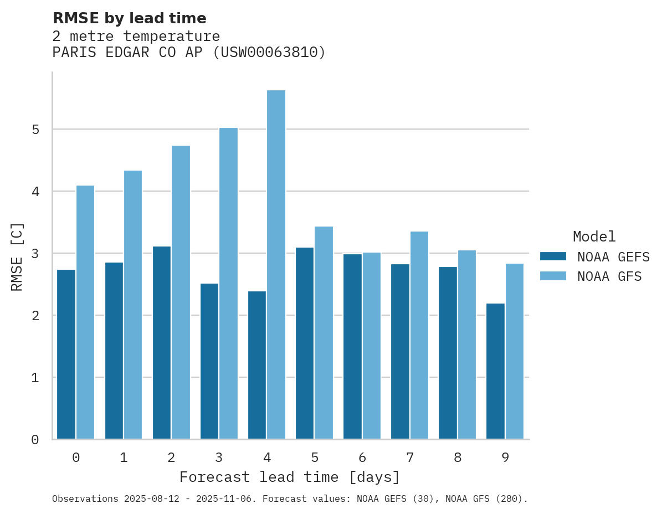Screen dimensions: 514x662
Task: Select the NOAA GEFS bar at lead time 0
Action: click(66, 354)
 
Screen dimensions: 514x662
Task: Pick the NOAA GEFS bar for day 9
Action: click(495, 371)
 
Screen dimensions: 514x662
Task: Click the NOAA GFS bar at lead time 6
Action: click(371, 346)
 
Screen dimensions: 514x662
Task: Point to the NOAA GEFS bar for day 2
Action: click(162, 343)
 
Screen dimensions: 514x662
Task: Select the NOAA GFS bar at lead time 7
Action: click(419, 335)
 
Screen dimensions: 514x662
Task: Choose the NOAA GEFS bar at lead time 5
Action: click(305, 343)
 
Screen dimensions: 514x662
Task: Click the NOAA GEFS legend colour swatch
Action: click(553, 256)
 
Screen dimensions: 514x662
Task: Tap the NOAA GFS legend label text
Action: click(609, 276)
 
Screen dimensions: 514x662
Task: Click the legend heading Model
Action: click(594, 237)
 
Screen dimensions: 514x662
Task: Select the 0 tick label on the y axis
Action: click(35, 440)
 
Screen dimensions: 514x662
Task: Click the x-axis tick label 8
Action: click(457, 458)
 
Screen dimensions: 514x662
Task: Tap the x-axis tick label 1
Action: click(124, 458)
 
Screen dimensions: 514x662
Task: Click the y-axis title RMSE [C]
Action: click(18, 256)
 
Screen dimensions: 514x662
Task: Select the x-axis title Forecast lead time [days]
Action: click(289, 477)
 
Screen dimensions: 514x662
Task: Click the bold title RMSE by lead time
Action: click(129, 18)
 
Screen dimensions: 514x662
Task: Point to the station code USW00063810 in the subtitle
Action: click(270, 53)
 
